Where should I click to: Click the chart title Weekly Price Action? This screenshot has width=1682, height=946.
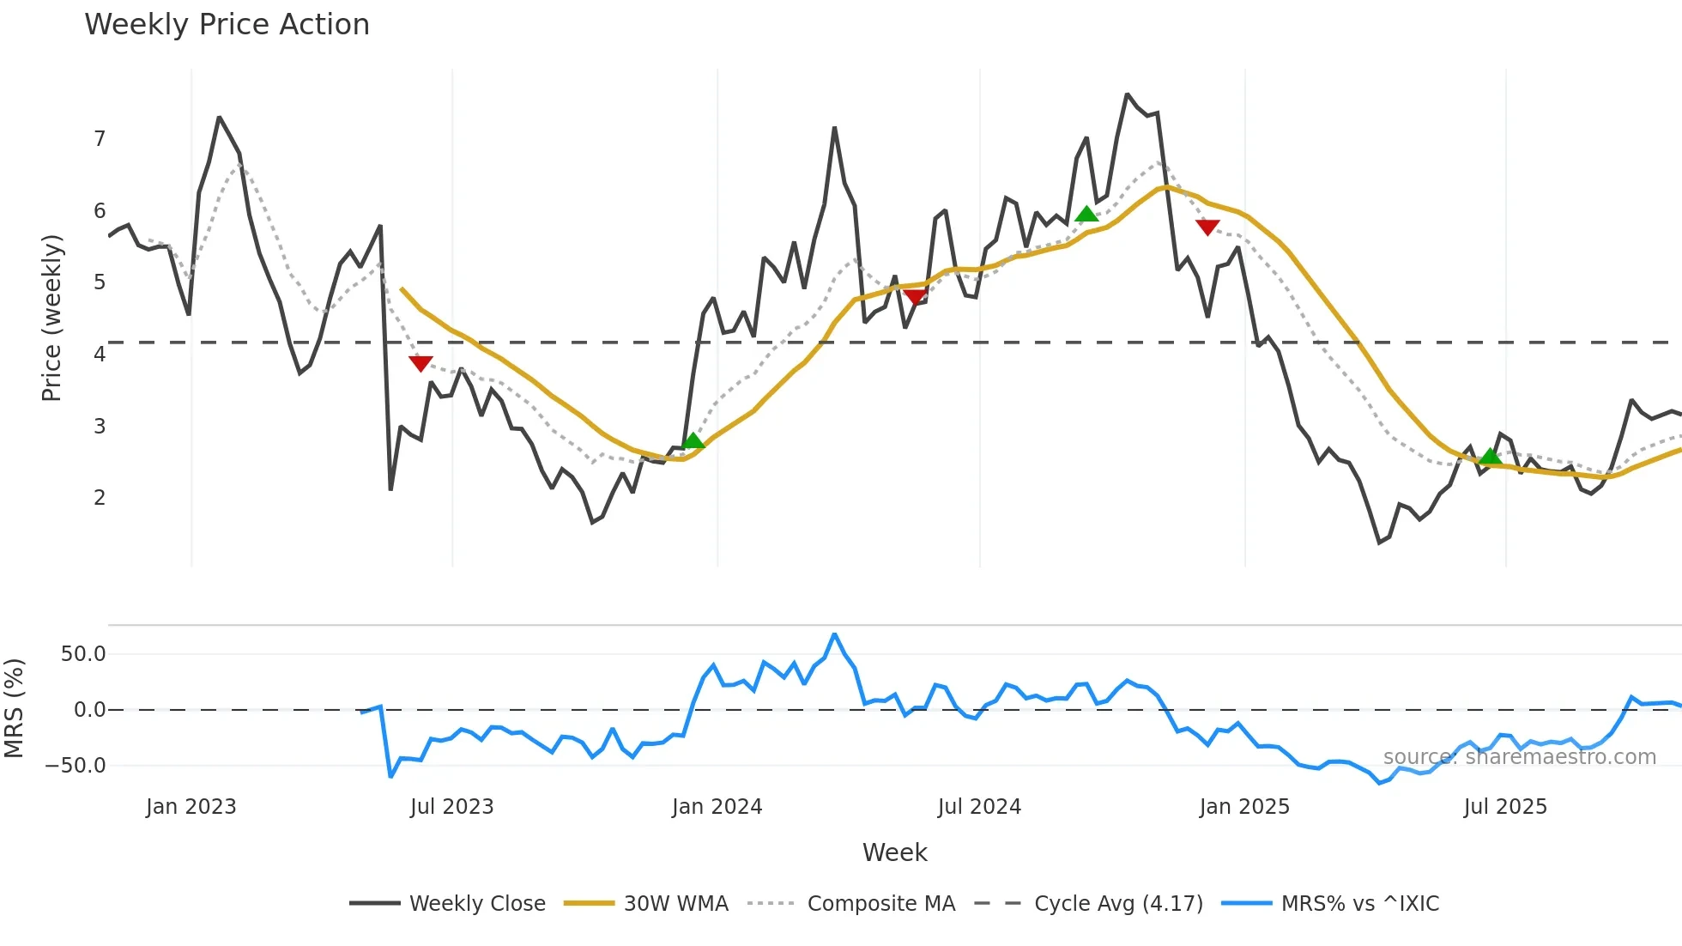click(x=227, y=25)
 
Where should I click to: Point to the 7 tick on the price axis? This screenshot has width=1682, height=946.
click(x=100, y=139)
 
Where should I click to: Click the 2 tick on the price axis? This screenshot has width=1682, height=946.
click(x=100, y=498)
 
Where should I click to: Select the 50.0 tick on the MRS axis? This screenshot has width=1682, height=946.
click(x=83, y=654)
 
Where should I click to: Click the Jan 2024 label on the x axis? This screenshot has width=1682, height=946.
click(x=717, y=807)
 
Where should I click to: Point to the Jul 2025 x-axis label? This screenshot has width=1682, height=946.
click(x=1505, y=807)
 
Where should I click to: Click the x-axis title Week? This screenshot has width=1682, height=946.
click(x=894, y=852)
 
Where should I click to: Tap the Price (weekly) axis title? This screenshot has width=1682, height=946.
click(x=51, y=318)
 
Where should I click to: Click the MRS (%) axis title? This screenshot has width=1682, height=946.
click(x=14, y=708)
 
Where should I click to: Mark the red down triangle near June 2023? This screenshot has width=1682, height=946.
click(x=420, y=363)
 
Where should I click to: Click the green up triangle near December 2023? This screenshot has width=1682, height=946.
click(x=693, y=441)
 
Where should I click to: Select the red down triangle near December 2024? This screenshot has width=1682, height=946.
click(x=1207, y=227)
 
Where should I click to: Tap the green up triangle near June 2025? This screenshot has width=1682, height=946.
click(x=1491, y=456)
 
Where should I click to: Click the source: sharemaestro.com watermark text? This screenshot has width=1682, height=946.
click(x=1519, y=757)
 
